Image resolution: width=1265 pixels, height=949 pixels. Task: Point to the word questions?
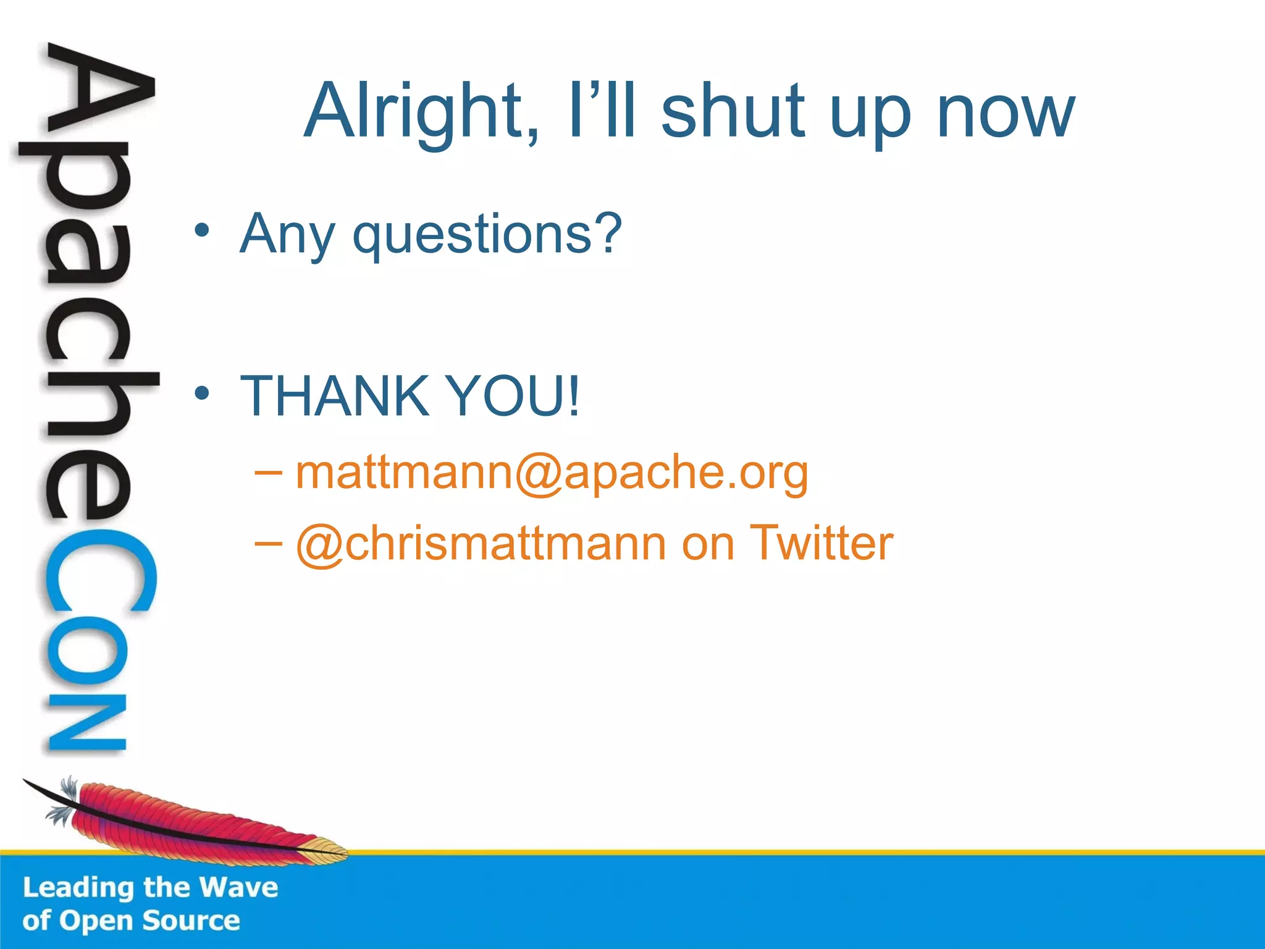click(x=487, y=235)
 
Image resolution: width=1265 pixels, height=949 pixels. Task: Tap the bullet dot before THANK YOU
click(x=202, y=393)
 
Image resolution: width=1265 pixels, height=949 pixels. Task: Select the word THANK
click(x=334, y=396)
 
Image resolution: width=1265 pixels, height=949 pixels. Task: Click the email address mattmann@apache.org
click(x=552, y=473)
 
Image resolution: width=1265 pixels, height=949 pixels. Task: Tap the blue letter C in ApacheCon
click(x=99, y=572)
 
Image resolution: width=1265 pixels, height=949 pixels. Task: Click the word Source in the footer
click(x=191, y=921)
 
